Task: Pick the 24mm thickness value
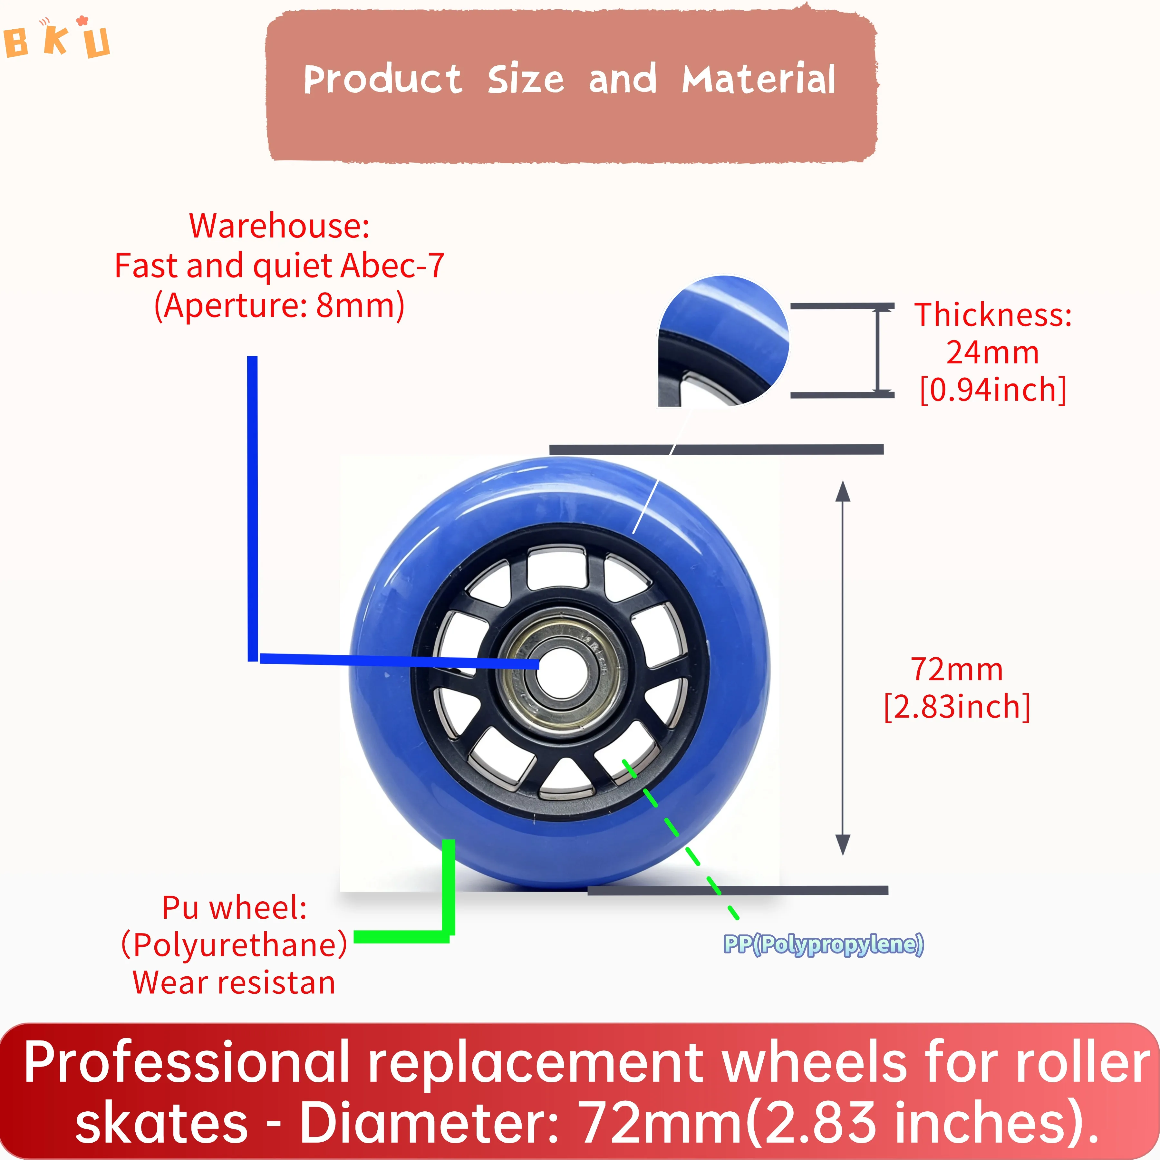[x=992, y=353]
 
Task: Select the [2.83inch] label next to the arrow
[x=956, y=707]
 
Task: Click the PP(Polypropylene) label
[x=823, y=944]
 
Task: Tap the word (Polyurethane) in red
[x=234, y=945]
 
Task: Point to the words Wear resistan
[x=234, y=983]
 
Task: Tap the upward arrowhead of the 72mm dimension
[x=843, y=491]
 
